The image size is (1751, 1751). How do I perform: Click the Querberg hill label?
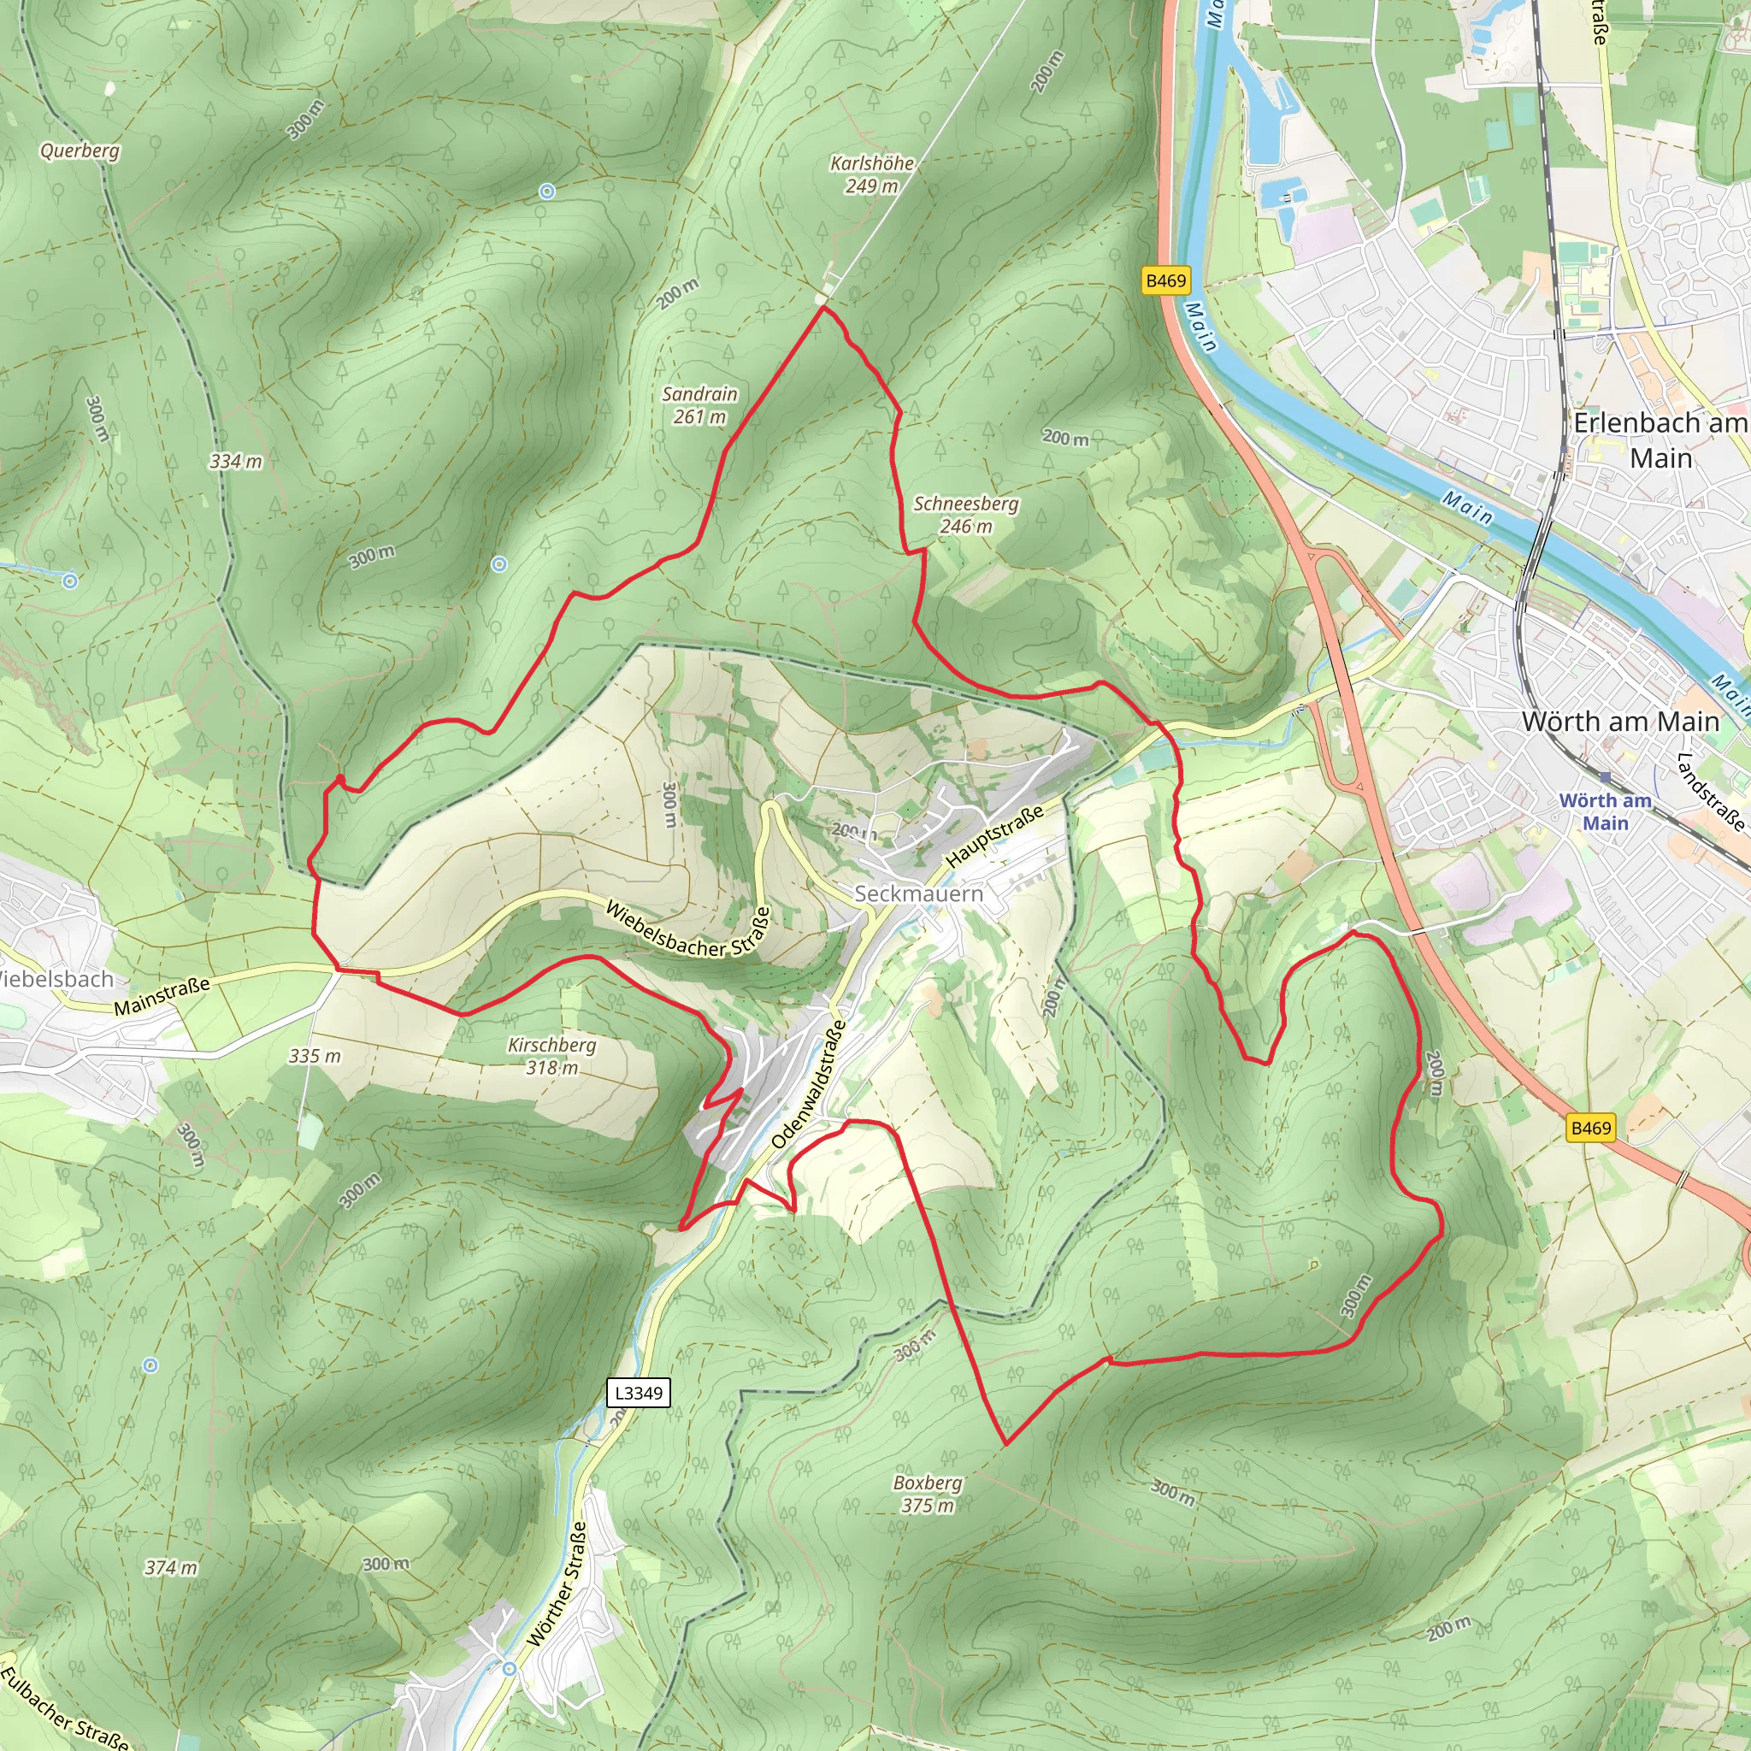pyautogui.click(x=80, y=150)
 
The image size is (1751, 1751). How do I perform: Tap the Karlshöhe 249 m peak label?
pyautogui.click(x=871, y=174)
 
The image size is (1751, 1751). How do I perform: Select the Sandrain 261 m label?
pyautogui.click(x=699, y=405)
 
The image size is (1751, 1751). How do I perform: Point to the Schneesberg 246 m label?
pyautogui.click(x=965, y=514)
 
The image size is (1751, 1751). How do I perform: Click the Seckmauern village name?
pyautogui.click(x=918, y=893)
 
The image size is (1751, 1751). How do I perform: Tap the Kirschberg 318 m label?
pyautogui.click(x=551, y=1056)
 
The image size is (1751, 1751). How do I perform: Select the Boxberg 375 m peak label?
pyautogui.click(x=927, y=1494)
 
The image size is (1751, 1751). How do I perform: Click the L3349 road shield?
pyautogui.click(x=638, y=1393)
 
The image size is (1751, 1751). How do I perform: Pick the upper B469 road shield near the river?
pyautogui.click(x=1165, y=280)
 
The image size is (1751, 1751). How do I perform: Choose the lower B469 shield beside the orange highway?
pyautogui.click(x=1590, y=1128)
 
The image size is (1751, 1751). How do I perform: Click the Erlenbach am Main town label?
pyautogui.click(x=1660, y=439)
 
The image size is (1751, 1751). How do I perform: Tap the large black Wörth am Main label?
pyautogui.click(x=1620, y=722)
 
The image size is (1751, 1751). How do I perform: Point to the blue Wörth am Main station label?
pyautogui.click(x=1605, y=811)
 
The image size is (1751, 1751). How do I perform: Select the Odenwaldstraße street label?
pyautogui.click(x=809, y=1084)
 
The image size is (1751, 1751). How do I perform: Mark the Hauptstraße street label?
pyautogui.click(x=994, y=836)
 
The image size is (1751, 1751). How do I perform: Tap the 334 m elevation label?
pyautogui.click(x=236, y=462)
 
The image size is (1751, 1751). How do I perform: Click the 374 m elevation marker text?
pyautogui.click(x=170, y=1567)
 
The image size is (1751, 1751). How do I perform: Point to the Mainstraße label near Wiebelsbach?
pyautogui.click(x=162, y=995)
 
